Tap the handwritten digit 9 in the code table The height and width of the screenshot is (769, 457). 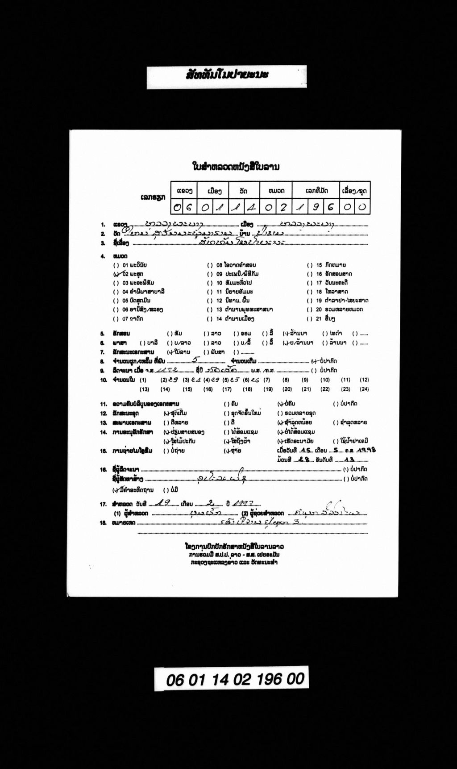315,207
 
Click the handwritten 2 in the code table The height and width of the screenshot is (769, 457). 283,207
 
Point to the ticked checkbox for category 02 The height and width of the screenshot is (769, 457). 116,274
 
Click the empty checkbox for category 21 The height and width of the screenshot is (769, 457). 309,319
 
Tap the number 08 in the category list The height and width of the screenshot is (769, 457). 219,265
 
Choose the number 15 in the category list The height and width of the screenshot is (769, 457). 319,265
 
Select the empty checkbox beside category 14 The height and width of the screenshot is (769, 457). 209,319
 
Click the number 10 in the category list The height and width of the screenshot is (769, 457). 219,283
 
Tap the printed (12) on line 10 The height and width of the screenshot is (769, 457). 364,380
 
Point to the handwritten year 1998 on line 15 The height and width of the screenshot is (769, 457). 366,450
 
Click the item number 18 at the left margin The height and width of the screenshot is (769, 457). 103,522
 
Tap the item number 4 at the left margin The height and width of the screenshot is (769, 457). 102,256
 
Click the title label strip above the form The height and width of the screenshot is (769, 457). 227,76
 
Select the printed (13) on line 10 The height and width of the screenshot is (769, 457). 144,389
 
